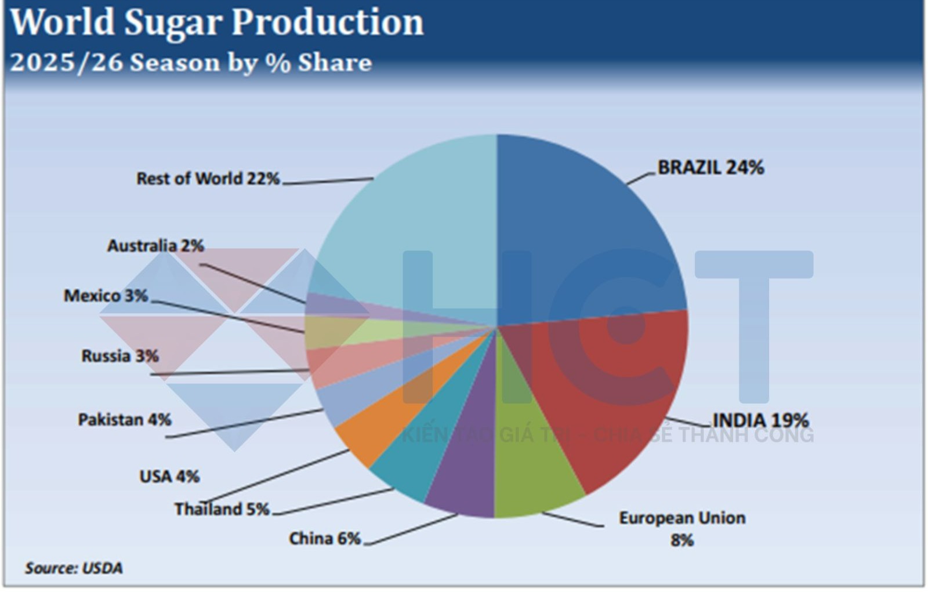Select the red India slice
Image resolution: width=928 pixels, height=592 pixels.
click(621, 394)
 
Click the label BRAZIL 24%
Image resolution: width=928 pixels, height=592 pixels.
click(710, 168)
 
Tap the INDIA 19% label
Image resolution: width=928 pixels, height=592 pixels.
click(760, 420)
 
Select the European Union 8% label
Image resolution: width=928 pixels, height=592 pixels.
click(682, 528)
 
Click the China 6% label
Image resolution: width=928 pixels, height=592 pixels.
click(325, 539)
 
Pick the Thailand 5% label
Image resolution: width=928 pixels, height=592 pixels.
click(222, 509)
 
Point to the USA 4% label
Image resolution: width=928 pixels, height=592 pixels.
click(169, 477)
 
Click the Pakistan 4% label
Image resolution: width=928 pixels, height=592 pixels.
click(125, 419)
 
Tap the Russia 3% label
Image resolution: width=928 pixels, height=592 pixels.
click(120, 355)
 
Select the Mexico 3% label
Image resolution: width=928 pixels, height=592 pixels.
click(106, 296)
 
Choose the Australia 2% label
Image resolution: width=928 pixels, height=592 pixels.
click(155, 246)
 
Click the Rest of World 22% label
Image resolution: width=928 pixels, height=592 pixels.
click(208, 179)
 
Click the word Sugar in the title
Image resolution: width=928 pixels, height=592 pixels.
click(173, 23)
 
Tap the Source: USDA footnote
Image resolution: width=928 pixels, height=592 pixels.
click(74, 568)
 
